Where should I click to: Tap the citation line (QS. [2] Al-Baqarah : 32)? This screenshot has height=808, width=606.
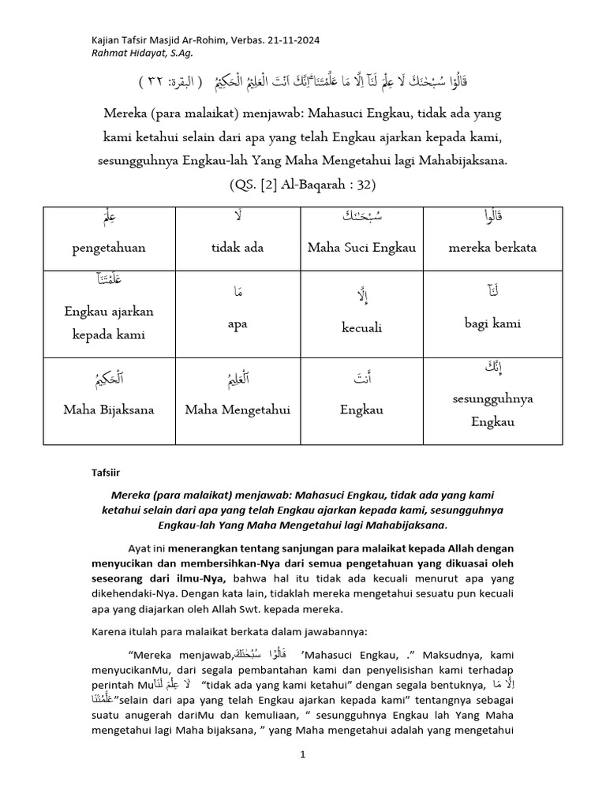pos(302,185)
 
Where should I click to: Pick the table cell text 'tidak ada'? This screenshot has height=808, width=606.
pos(237,247)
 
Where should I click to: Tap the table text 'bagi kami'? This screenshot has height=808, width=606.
pos(492,323)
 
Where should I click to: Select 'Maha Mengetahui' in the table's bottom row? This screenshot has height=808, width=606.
pos(238,410)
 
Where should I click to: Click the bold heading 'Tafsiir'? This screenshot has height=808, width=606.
pos(103,473)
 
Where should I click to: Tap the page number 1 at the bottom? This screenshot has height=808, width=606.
pos(302,754)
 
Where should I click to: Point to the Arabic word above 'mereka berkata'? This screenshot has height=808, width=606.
pos(492,216)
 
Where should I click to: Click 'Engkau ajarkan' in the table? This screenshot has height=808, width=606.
pos(109,311)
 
